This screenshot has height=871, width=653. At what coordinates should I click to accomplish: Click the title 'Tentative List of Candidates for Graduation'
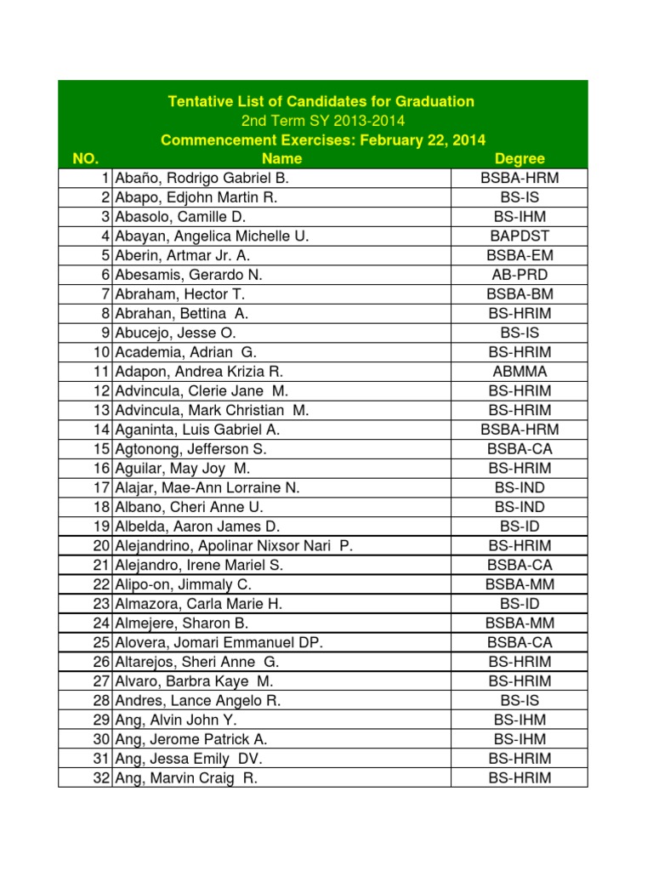click(321, 101)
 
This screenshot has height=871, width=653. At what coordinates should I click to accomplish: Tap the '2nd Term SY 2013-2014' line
click(321, 121)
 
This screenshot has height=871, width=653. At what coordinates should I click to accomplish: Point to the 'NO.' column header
click(86, 159)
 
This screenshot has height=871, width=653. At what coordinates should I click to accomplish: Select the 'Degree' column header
click(520, 159)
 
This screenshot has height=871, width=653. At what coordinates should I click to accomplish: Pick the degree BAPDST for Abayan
click(520, 236)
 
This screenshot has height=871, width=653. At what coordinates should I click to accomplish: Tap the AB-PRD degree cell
click(520, 275)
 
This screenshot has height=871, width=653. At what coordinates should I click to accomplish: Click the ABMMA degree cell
click(520, 372)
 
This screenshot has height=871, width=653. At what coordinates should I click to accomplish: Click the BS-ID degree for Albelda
click(520, 527)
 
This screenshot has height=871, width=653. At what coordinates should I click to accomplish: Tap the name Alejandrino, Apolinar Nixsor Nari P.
click(233, 546)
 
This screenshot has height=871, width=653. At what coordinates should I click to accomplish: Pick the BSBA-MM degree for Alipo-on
click(520, 584)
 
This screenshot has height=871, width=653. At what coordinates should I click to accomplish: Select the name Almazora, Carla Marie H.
click(198, 604)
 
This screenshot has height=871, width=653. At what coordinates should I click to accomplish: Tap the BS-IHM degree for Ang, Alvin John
click(520, 720)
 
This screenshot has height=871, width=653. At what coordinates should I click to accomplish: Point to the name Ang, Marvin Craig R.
click(186, 778)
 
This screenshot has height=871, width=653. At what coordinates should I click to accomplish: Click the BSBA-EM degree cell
click(520, 255)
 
